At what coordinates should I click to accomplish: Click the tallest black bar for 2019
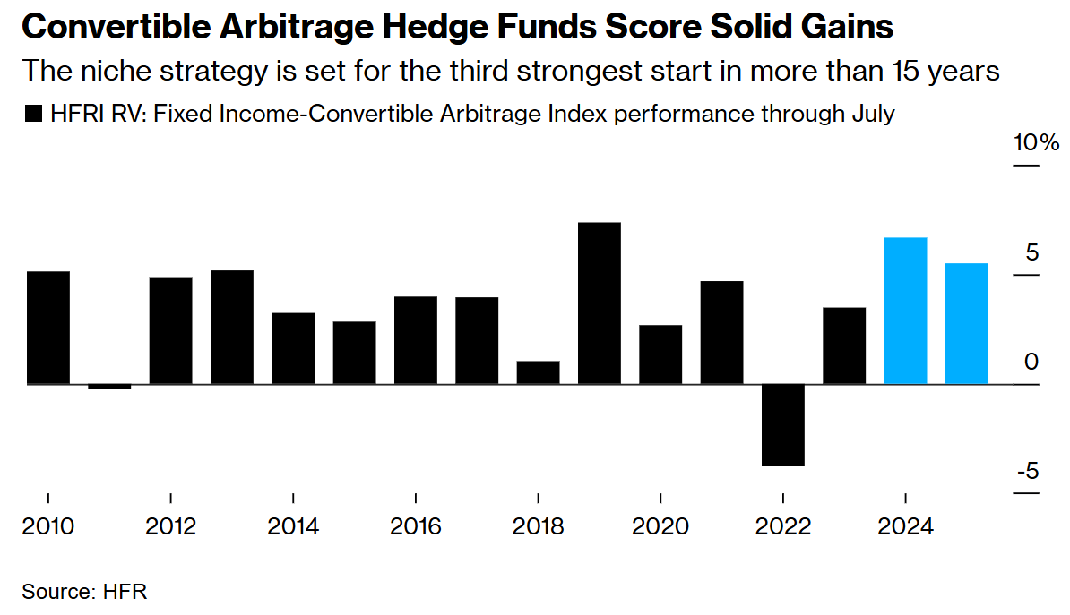600,303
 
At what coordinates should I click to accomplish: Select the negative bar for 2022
783,424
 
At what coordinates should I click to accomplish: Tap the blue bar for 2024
905,311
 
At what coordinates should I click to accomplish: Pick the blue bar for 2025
967,323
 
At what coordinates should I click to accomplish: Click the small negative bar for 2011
109,387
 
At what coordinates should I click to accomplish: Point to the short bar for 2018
538,372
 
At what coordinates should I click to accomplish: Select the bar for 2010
48,328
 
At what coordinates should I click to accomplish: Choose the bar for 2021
722,332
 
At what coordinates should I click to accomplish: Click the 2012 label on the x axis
170,526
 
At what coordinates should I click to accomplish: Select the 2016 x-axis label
416,526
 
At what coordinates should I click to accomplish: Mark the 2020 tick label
660,526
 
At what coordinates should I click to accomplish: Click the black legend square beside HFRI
33,115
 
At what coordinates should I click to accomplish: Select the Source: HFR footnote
83,592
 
